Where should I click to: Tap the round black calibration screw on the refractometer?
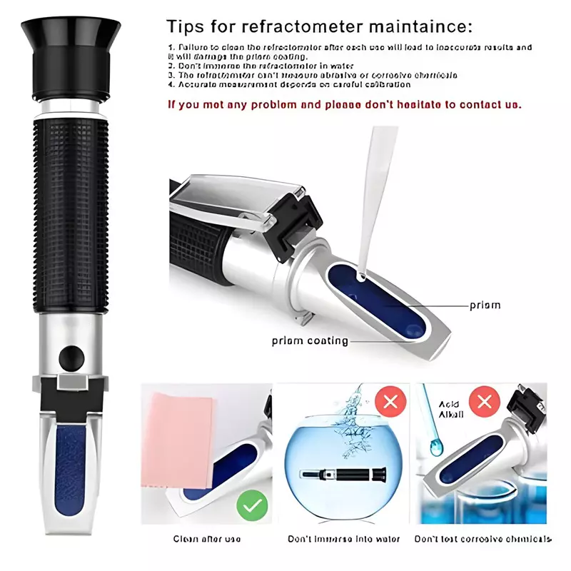70,355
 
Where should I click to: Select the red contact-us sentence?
344,104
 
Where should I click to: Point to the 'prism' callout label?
485,305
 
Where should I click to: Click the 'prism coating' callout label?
310,340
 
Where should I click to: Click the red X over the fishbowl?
390,402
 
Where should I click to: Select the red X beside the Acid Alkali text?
485,402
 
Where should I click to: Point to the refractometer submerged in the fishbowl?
343,474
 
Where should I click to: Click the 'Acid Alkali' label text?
450,409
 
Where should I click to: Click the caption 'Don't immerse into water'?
343,539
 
